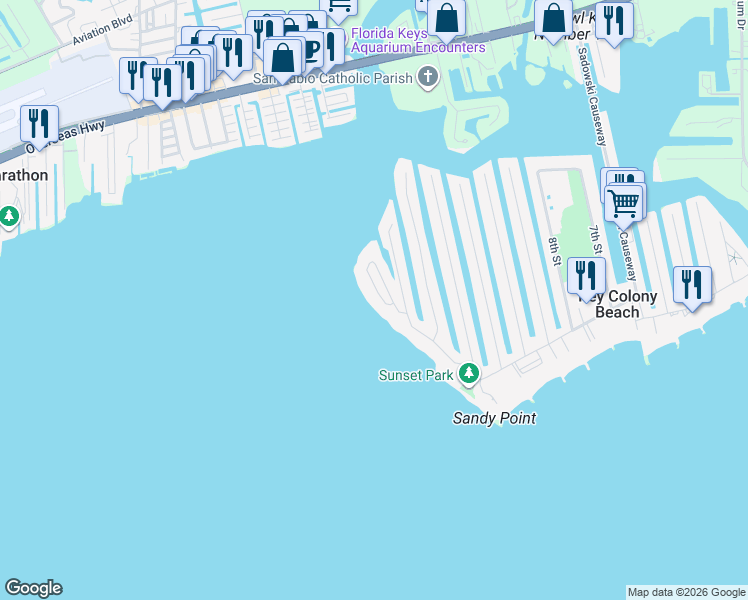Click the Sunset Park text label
click(x=415, y=375)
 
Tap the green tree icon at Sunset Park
click(x=469, y=375)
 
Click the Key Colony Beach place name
click(x=620, y=305)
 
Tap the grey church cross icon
click(x=428, y=76)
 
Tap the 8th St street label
click(x=554, y=251)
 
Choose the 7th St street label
click(x=595, y=240)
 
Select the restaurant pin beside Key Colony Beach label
click(x=586, y=275)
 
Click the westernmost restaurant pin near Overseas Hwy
click(x=39, y=122)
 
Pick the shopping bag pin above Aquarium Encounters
click(x=447, y=16)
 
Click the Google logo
click(x=33, y=588)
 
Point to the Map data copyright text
click(x=686, y=592)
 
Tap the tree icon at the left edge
click(x=9, y=215)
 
